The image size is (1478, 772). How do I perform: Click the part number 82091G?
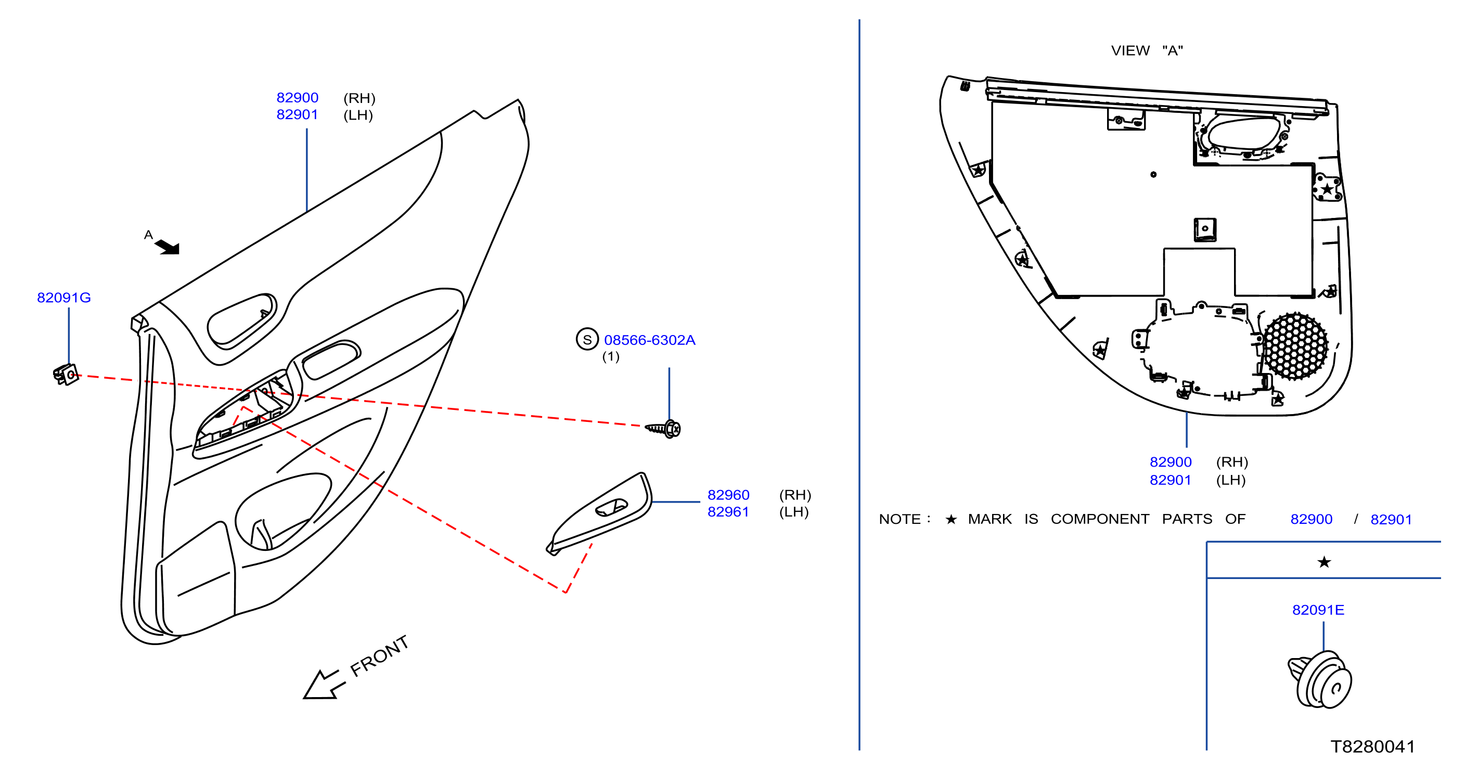tap(63, 298)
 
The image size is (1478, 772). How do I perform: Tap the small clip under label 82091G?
tap(66, 375)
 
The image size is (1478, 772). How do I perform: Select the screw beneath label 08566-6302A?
tap(663, 429)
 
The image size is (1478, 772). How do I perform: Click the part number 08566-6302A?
tap(649, 340)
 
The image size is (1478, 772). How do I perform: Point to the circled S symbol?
tap(587, 340)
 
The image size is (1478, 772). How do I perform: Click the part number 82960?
tap(728, 495)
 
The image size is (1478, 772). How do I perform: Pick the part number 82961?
tap(728, 511)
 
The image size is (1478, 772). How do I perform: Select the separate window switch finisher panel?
tap(600, 513)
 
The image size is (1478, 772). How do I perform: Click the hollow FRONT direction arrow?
tap(324, 684)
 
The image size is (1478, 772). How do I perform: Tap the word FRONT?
tap(379, 655)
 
